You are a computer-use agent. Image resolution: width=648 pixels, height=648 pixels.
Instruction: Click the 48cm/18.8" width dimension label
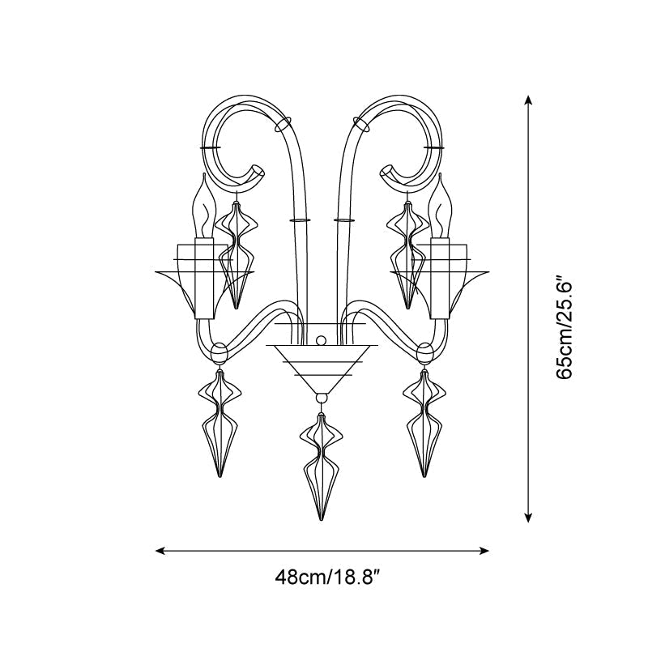327,577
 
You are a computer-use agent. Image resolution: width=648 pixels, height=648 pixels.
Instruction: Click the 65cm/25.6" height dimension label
564,325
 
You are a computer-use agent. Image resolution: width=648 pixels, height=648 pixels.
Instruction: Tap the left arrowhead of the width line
160,551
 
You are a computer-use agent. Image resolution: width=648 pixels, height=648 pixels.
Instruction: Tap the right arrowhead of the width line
484,551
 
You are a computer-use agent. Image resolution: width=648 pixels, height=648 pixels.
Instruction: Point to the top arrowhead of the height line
528,100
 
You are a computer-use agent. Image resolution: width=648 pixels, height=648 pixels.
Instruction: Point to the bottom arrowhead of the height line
528,518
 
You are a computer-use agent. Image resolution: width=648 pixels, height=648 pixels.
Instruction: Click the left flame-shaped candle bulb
205,206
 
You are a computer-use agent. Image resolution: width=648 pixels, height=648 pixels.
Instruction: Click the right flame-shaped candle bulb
439,206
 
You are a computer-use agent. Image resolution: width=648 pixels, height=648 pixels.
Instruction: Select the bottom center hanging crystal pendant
321,467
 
